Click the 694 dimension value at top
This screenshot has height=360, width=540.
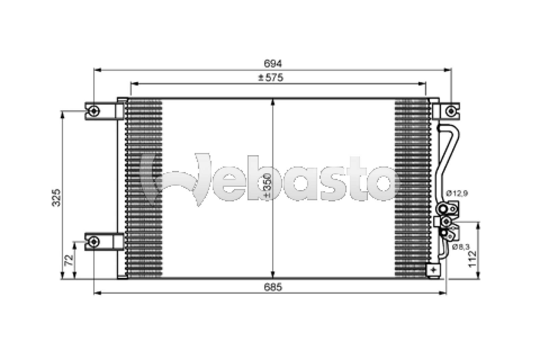click(x=273, y=63)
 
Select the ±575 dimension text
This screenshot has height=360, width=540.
click(x=271, y=78)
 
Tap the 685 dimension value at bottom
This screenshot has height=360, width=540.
click(x=273, y=287)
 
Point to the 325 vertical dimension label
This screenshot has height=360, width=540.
click(x=57, y=197)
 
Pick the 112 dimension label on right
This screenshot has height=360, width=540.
click(x=473, y=259)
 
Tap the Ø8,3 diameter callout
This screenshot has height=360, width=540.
click(x=460, y=247)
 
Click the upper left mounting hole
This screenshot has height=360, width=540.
click(x=94, y=110)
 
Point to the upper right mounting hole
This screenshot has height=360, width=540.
click(x=450, y=110)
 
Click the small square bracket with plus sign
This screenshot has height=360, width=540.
click(x=433, y=269)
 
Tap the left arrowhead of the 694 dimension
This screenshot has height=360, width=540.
click(x=97, y=70)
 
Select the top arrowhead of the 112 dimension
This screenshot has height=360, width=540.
click(x=477, y=225)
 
